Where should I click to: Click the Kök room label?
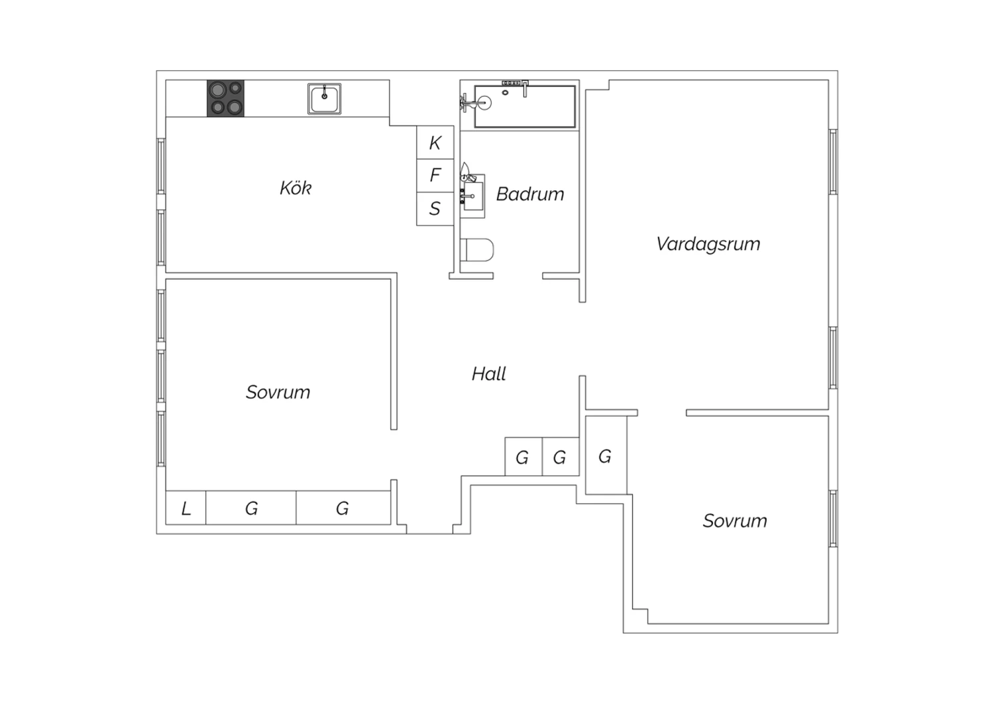296,188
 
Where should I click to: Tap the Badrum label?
530,194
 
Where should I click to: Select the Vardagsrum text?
708,244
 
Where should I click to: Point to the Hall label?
488,374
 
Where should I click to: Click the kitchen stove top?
225,99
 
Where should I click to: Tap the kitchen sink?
325,99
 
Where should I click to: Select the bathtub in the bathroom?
525,107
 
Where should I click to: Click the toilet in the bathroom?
477,250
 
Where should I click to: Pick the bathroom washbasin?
472,196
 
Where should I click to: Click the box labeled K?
435,143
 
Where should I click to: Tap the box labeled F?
435,175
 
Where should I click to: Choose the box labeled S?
435,209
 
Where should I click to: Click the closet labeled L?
186,507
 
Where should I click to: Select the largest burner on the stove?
217,90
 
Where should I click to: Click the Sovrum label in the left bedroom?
278,392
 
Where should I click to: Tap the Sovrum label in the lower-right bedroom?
735,521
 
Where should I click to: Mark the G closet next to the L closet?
251,507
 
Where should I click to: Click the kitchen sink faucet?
325,93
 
